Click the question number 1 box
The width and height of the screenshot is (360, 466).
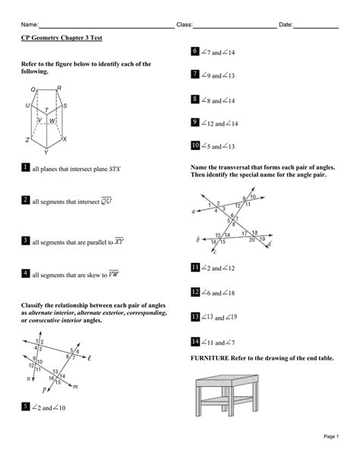click(25, 168)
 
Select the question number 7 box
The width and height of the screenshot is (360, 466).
click(195, 74)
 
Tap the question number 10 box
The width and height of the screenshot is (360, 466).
click(195, 145)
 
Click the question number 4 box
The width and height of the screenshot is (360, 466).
click(25, 273)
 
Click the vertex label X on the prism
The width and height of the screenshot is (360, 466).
click(65, 139)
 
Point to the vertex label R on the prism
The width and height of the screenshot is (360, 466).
click(59, 88)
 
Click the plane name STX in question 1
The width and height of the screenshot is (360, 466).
click(115, 169)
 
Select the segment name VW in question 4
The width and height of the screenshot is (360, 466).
click(113, 273)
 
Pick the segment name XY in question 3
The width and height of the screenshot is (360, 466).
click(118, 241)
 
